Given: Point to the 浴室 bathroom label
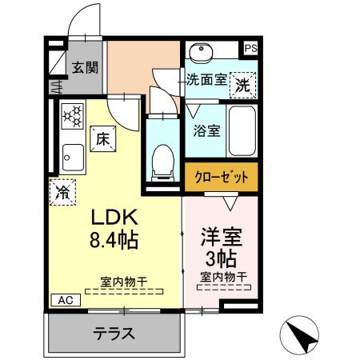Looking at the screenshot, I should tap(208, 130).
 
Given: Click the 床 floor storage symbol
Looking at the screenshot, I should tap(102, 138).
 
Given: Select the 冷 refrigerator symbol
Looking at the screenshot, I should tap(62, 192).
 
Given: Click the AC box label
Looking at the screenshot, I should tap(65, 299).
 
